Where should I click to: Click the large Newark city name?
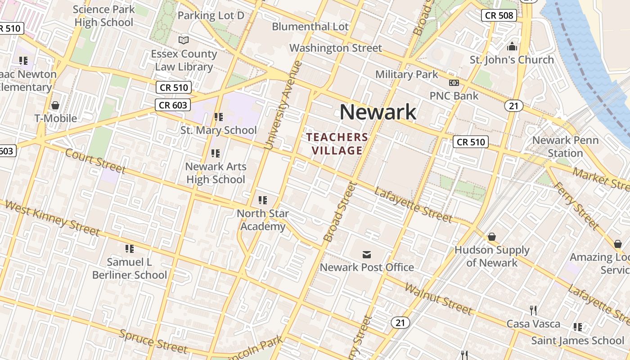point(378,112)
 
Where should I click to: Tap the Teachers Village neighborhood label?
point(337,144)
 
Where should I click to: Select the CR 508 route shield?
point(499,16)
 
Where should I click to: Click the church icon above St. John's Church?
point(512,46)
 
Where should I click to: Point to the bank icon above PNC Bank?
point(454,83)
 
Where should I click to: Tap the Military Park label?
point(406,74)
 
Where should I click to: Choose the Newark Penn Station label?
point(565,146)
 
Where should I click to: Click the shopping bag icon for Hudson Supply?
point(491,237)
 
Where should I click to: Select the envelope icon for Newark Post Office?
point(367,255)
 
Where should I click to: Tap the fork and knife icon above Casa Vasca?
point(533,310)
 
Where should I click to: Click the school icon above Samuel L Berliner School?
point(130,248)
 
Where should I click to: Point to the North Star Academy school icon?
point(263,200)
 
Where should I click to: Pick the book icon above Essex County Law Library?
point(184,40)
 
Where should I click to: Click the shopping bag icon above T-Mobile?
point(55,105)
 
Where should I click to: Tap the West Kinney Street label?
point(52,219)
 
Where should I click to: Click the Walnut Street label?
point(438,298)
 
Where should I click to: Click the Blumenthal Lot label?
point(310,27)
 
